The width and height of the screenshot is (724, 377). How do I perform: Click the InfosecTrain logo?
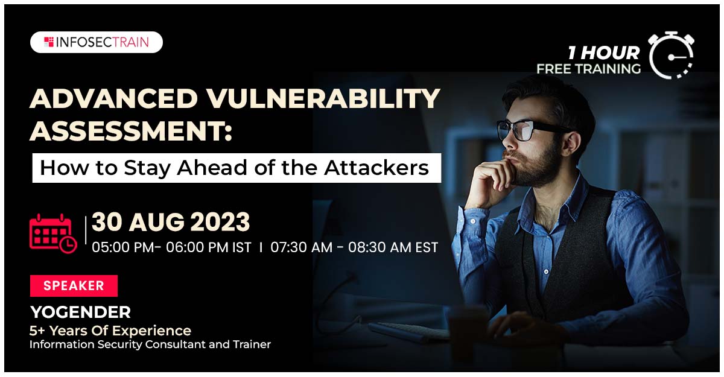97,42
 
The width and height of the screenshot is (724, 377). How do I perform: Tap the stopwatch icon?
672,55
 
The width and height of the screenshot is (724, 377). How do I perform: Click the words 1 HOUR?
604,53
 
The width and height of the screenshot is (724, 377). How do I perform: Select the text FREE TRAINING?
589,69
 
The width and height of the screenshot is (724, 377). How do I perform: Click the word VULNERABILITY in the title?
323,98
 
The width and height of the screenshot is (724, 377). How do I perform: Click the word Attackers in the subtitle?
376,168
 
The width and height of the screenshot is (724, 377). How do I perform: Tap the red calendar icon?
53,233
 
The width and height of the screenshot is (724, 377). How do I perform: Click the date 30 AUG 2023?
171,222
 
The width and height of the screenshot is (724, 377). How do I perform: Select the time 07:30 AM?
301,247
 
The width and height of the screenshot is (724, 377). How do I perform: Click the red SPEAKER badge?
74,286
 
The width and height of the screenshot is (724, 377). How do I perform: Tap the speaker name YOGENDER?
80,312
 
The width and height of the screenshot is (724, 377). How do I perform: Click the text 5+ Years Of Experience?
110,331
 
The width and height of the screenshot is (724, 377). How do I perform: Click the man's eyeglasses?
530,130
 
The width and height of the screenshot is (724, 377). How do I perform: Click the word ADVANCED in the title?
113,98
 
